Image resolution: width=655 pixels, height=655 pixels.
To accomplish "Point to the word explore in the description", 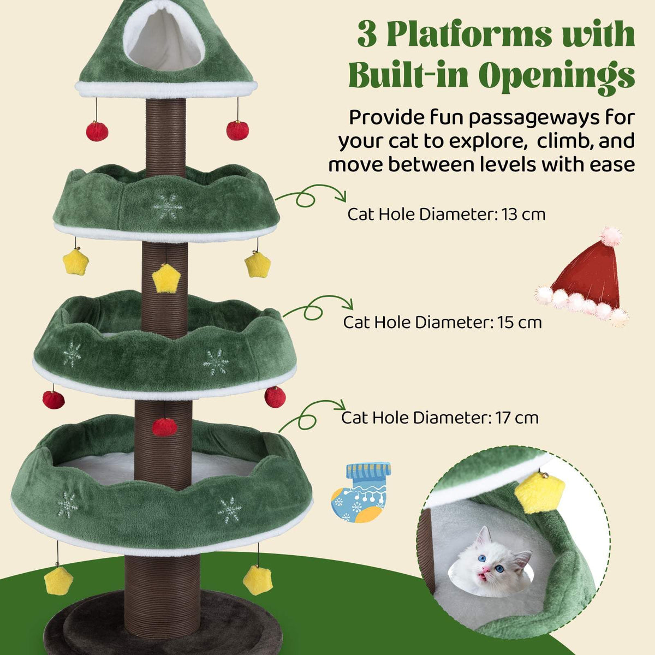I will click(x=489, y=141).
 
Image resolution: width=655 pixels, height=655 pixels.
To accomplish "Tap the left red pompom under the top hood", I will click(x=97, y=131).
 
